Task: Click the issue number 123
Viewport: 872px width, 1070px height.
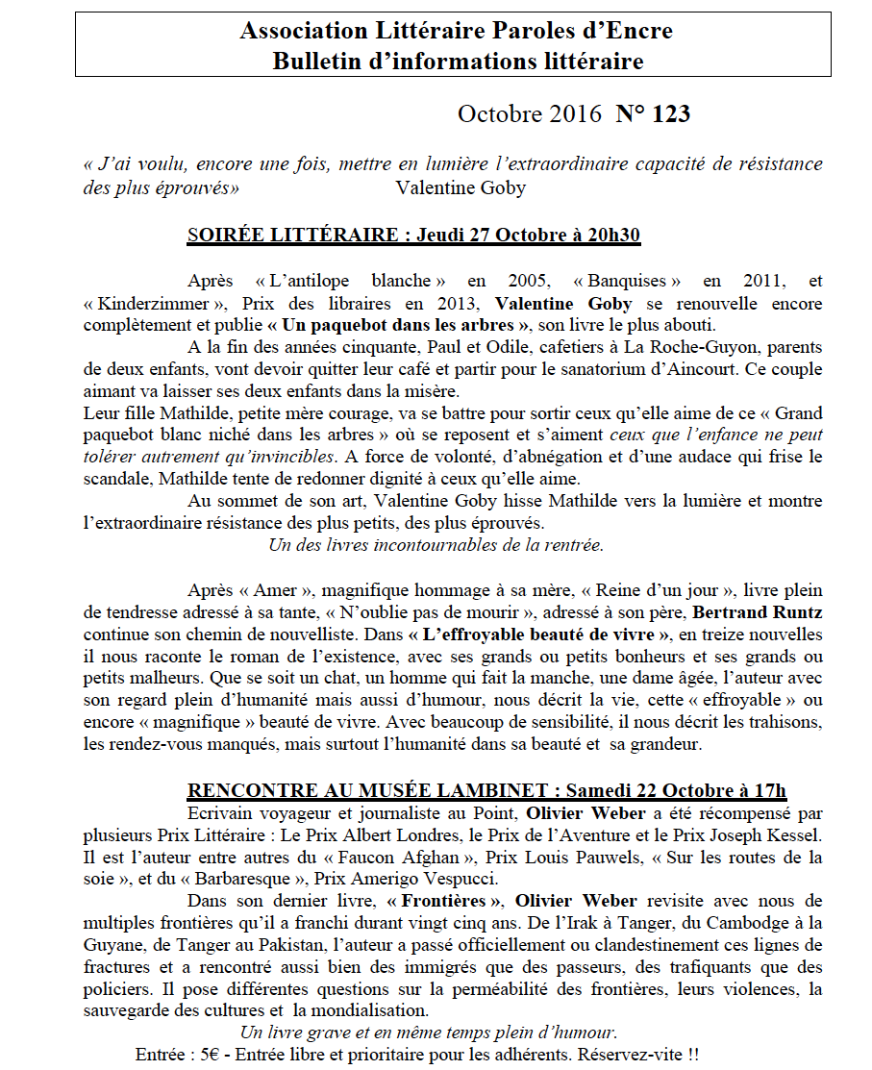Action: pos(671,114)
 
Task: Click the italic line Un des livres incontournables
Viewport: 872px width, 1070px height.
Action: pos(436,545)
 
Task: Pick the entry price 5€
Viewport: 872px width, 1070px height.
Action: pos(211,1055)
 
